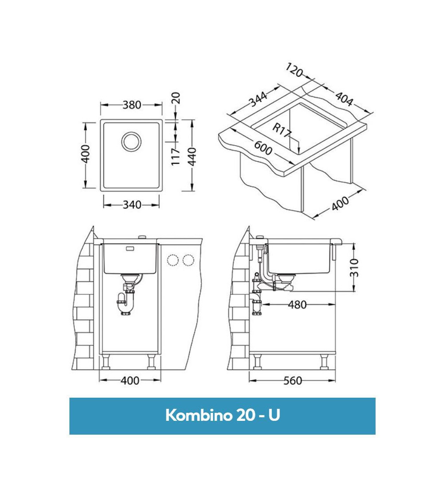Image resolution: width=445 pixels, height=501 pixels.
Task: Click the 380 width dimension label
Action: (x=132, y=105)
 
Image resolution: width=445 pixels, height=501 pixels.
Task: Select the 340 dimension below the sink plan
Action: (x=132, y=205)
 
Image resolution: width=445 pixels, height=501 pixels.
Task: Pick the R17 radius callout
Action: (x=281, y=130)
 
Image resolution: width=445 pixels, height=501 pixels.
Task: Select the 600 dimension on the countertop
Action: (x=263, y=148)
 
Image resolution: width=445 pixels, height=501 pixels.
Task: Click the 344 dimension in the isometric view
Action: (x=258, y=100)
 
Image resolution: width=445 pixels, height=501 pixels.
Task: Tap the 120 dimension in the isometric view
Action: (x=294, y=70)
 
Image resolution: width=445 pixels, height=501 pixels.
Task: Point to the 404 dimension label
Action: (x=343, y=99)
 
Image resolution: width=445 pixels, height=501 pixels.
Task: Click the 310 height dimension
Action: (x=354, y=267)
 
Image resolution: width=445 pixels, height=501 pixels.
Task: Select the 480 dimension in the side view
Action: (x=297, y=305)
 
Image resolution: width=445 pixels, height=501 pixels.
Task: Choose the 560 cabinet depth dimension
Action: (x=292, y=381)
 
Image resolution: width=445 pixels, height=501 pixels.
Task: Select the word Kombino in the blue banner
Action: (x=197, y=415)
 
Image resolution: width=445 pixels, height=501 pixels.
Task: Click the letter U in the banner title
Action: (x=274, y=415)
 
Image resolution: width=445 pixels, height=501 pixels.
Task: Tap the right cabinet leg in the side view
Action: (x=324, y=362)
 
